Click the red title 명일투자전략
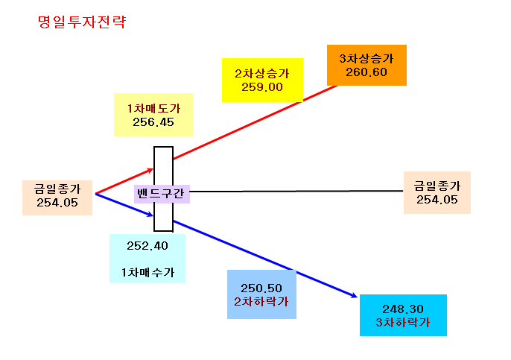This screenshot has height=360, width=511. click(x=82, y=22)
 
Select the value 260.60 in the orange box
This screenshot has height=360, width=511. click(x=366, y=72)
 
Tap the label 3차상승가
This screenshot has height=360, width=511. click(x=366, y=58)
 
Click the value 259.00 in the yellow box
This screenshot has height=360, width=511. click(x=262, y=87)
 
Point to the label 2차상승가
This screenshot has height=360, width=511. click(x=262, y=73)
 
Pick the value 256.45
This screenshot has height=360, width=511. click(x=153, y=122)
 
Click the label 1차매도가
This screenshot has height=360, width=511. click(x=153, y=109)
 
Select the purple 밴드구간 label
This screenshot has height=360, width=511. click(x=160, y=193)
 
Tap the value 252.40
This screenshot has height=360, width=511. click(x=147, y=246)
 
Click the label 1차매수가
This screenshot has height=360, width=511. click(x=147, y=272)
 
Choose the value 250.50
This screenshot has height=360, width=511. click(x=261, y=288)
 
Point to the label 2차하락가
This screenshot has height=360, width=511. click(x=261, y=302)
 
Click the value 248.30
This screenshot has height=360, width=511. click(x=403, y=309)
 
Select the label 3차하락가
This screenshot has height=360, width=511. click(x=403, y=323)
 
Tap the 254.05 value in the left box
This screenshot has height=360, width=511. click(x=57, y=203)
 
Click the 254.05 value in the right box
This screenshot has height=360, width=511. click(x=437, y=200)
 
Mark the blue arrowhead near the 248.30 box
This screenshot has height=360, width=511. click(x=354, y=295)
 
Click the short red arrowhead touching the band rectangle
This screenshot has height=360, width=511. click(x=150, y=170)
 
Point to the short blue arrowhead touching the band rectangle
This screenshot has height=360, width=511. click(x=150, y=214)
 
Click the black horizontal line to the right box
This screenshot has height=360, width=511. click(x=296, y=191)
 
